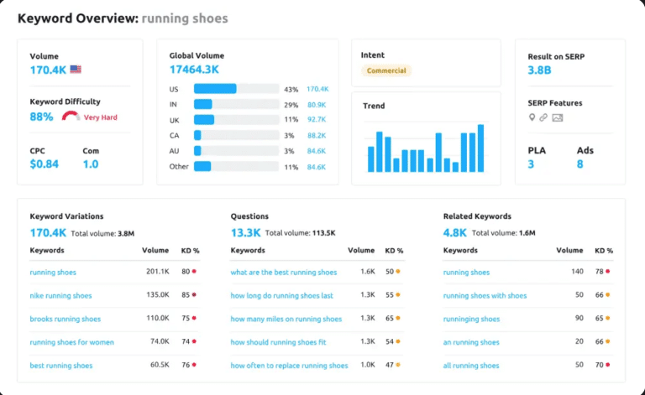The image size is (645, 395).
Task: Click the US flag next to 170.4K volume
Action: click(x=76, y=70)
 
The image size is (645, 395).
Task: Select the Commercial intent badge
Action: click(x=386, y=70)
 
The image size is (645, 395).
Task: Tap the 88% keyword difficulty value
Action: click(x=41, y=117)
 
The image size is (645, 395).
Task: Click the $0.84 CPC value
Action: click(x=44, y=164)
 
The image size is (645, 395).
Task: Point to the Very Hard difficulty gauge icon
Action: click(x=71, y=116)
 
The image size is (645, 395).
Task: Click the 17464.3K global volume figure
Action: click(x=194, y=70)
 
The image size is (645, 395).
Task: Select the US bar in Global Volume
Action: click(x=215, y=89)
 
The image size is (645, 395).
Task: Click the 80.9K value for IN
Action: click(x=316, y=105)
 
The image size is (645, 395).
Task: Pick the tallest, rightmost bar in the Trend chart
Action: click(x=480, y=148)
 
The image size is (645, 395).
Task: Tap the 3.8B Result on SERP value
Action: click(x=539, y=70)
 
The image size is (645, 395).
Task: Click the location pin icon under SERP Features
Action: click(x=532, y=117)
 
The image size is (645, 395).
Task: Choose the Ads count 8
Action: click(x=579, y=164)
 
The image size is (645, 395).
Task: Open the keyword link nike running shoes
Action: click(x=60, y=296)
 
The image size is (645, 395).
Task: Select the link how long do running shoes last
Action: click(x=281, y=296)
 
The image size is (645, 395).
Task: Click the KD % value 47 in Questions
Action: click(x=390, y=366)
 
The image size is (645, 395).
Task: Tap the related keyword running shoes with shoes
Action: click(x=485, y=296)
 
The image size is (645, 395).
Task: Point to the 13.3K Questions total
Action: click(x=245, y=232)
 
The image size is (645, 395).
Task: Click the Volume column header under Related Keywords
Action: click(x=569, y=250)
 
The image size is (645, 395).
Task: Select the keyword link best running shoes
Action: click(x=60, y=366)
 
